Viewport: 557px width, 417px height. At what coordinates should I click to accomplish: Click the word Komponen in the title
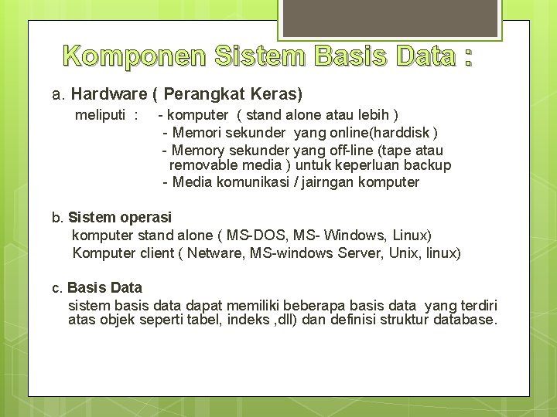[x=132, y=56]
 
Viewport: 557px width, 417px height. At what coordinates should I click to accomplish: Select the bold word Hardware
[x=109, y=94]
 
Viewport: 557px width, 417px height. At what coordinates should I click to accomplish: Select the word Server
[x=362, y=253]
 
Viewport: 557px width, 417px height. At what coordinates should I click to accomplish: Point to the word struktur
[x=400, y=320]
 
